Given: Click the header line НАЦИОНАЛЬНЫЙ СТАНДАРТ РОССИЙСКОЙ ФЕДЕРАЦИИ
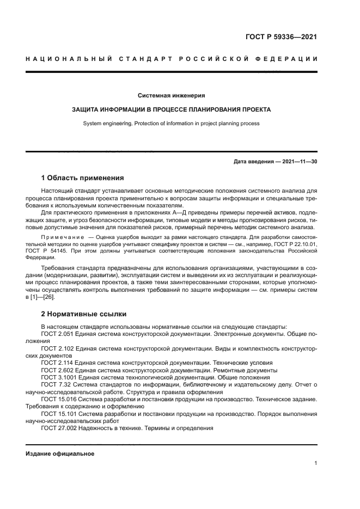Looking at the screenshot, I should pyautogui.click(x=172, y=58).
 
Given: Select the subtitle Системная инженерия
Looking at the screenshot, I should pyautogui.click(x=171, y=95).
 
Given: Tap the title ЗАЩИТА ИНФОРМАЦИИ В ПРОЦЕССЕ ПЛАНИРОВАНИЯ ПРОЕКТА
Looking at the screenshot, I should pyautogui.click(x=171, y=109).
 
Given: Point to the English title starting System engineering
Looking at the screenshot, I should pyautogui.click(x=171, y=124).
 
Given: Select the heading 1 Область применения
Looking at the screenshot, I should pyautogui.click(x=83, y=178).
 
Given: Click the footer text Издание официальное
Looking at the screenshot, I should pyautogui.click(x=60, y=453).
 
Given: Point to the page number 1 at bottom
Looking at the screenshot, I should pyautogui.click(x=315, y=463).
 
